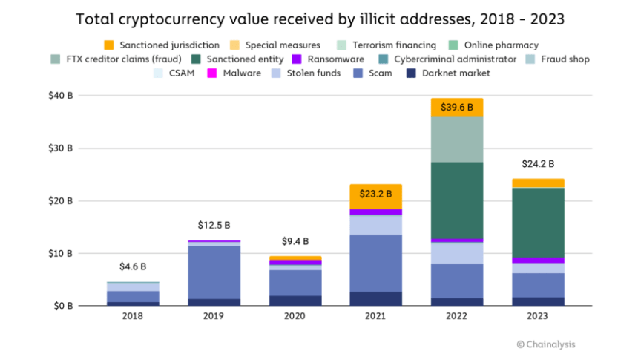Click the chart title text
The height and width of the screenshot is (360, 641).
[x=320, y=20]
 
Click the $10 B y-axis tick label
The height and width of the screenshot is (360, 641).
[x=61, y=253]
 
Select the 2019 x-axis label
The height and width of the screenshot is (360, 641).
[x=213, y=315]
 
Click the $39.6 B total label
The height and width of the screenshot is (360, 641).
[x=456, y=107]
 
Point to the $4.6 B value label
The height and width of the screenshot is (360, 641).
[x=133, y=266]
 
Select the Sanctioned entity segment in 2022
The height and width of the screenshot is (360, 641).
[x=456, y=200]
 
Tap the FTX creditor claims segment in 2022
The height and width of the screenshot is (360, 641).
[x=456, y=140]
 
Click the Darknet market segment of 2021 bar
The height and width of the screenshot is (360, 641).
[x=375, y=298]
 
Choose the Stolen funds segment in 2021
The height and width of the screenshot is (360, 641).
[x=375, y=225]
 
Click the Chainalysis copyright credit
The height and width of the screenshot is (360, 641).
[x=545, y=344]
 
